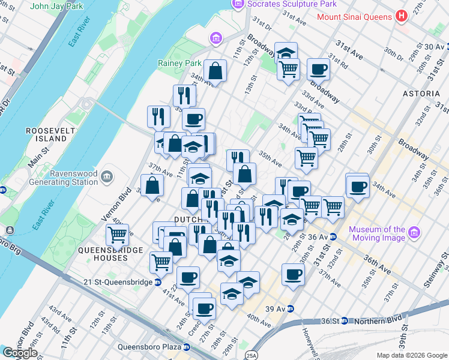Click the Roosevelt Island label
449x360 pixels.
46,134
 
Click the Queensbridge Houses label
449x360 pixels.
103,254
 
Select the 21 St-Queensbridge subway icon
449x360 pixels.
158,282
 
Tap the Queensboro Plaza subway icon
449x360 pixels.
187,347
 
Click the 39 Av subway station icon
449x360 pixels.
291,308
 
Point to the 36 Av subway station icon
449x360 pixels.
333,236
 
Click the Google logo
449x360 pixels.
19,353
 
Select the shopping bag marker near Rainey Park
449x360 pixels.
215,72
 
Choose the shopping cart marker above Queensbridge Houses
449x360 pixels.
117,235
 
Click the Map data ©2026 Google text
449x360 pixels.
411,355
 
